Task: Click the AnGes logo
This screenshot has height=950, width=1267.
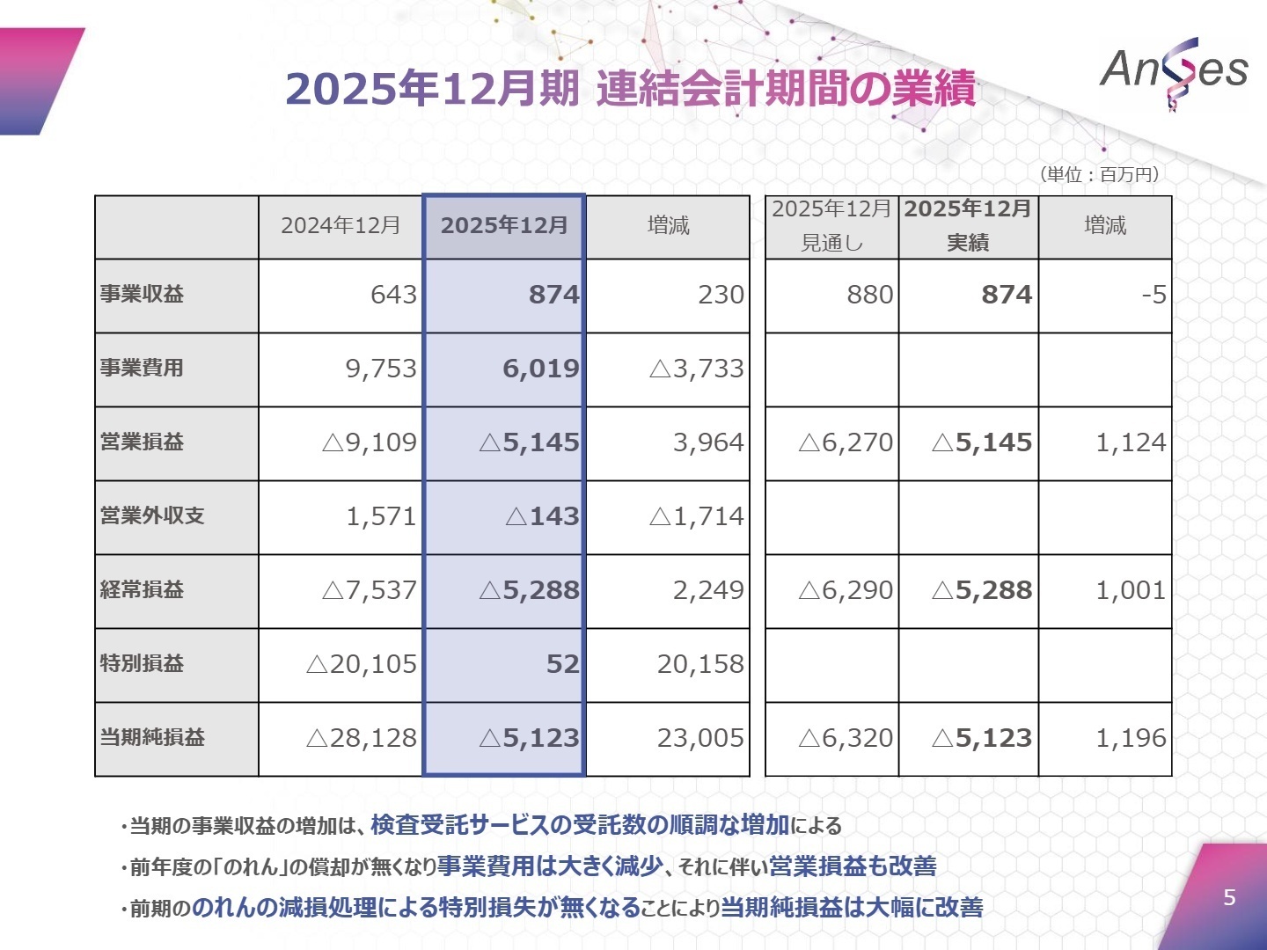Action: tap(1174, 70)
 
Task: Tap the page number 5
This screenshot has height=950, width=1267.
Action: tap(1229, 897)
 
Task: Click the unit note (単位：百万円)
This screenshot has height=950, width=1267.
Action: tap(1100, 174)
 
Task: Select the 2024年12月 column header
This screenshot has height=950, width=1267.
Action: tap(341, 226)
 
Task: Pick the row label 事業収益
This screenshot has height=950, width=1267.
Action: tap(142, 295)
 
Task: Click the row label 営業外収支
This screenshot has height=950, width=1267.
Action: tap(152, 516)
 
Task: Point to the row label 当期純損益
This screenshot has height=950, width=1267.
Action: tap(152, 738)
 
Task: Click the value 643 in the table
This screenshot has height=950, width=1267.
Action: tap(393, 295)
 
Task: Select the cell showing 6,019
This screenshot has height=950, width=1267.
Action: tap(540, 369)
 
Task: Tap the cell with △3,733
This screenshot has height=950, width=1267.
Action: tap(697, 369)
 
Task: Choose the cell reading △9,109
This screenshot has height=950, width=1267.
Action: tap(370, 442)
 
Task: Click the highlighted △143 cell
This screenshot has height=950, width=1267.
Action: tap(542, 516)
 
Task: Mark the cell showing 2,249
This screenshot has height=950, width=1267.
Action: tap(708, 590)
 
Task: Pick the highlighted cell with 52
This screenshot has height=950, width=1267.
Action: tap(562, 664)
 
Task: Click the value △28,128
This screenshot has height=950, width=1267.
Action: tap(362, 738)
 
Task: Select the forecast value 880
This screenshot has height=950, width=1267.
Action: tap(869, 295)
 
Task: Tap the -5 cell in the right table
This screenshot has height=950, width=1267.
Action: tap(1153, 295)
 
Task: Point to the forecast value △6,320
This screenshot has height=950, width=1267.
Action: tap(846, 738)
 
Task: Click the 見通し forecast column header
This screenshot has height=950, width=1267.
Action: tap(831, 226)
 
